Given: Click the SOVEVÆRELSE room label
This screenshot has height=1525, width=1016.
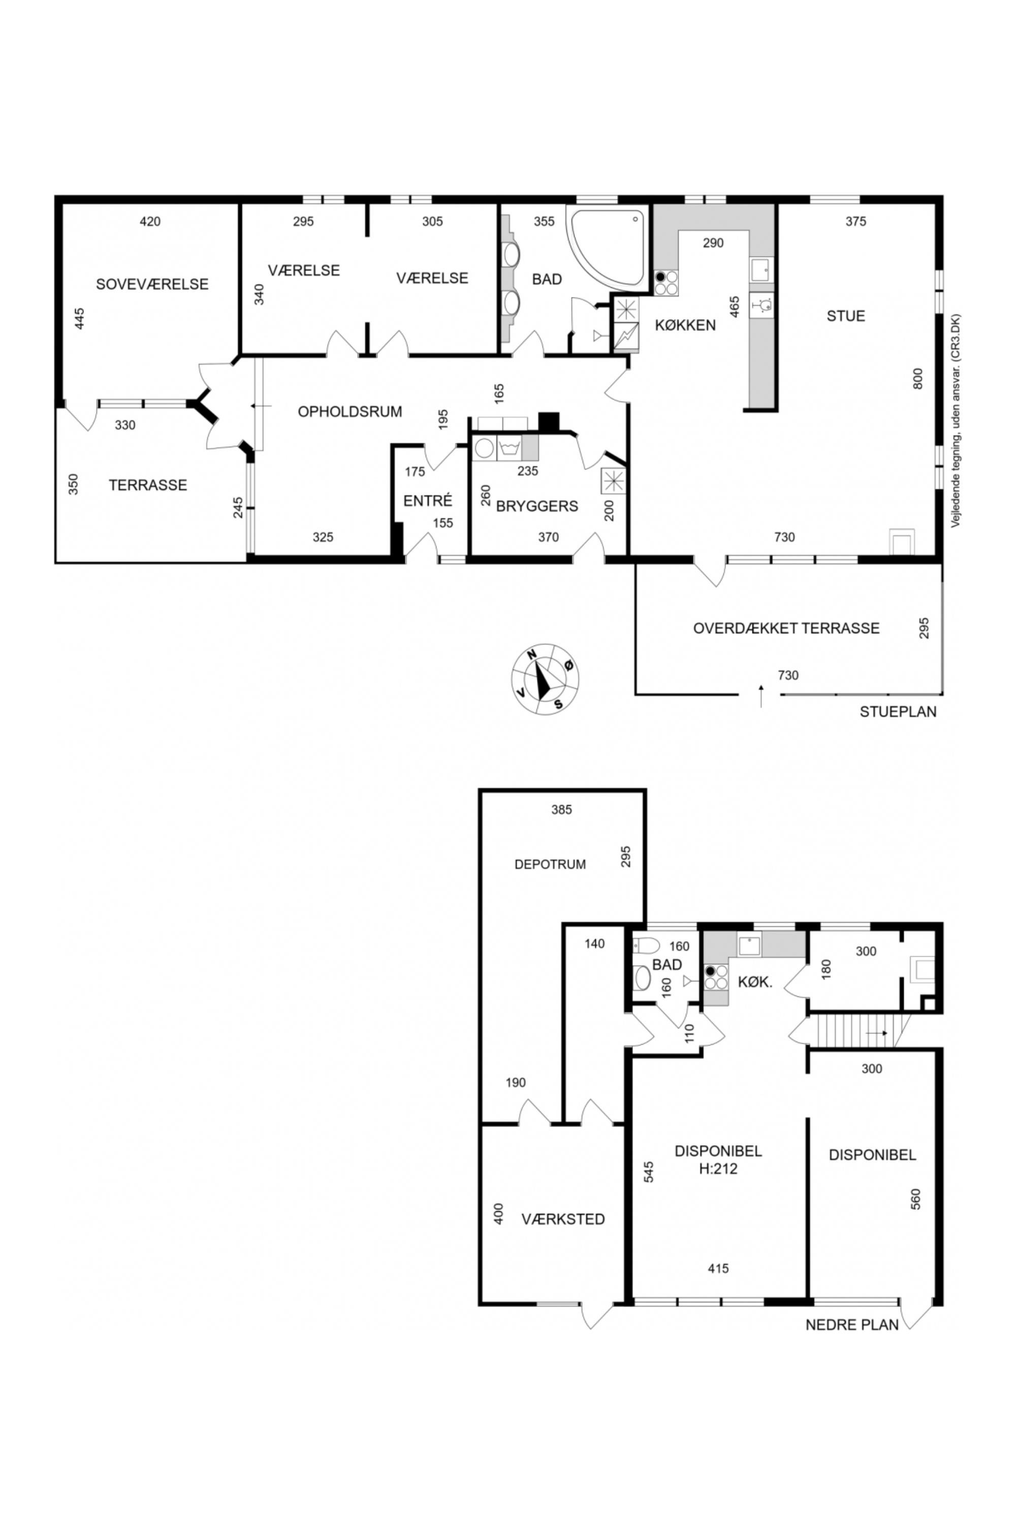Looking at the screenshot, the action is tap(152, 284).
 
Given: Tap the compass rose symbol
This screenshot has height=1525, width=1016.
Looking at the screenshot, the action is tap(546, 680).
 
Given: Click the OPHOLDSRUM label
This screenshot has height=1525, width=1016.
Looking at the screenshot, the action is tap(350, 411).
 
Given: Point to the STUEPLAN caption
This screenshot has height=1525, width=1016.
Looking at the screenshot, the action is tap(898, 711).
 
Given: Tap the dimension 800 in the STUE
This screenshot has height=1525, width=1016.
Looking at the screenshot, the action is tap(917, 378).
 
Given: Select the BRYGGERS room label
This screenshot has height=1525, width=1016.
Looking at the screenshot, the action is tap(537, 506).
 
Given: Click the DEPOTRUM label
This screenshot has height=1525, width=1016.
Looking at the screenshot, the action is tap(550, 864).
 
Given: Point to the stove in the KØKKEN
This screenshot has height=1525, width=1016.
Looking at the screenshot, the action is tap(665, 283).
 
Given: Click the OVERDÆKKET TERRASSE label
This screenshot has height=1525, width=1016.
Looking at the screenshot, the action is tap(786, 628).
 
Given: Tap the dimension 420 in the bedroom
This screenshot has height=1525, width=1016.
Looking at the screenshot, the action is tap(150, 222).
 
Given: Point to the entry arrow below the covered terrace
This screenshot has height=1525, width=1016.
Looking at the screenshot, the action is tap(760, 695).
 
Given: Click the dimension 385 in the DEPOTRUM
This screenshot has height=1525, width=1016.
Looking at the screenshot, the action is tap(562, 809).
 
